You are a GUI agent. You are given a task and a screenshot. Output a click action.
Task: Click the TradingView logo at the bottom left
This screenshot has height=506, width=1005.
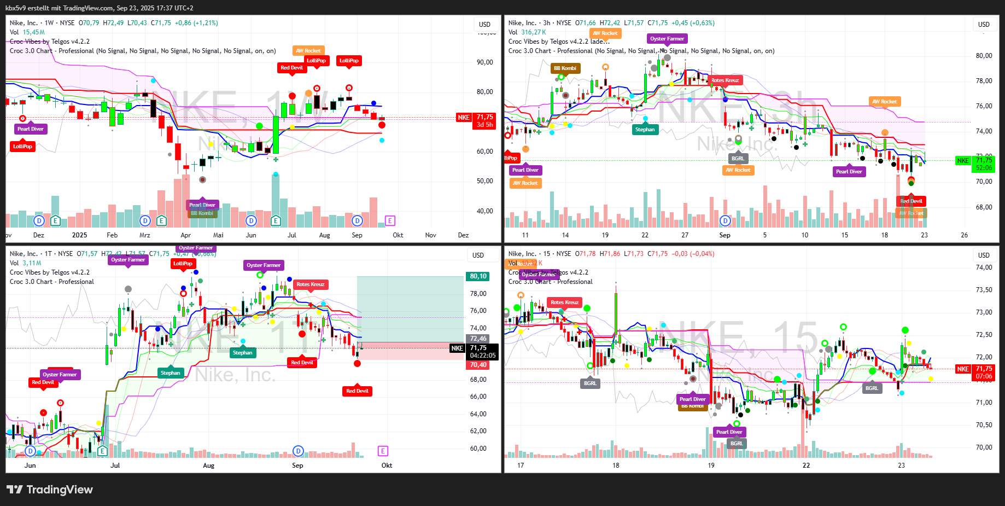tap(49, 490)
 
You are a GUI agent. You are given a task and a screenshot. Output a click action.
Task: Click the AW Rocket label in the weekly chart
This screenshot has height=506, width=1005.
tap(308, 51)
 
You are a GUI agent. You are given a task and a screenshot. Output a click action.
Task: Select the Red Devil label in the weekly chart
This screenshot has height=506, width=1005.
tap(291, 68)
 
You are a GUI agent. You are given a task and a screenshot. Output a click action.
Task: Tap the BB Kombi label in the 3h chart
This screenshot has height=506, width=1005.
tap(565, 68)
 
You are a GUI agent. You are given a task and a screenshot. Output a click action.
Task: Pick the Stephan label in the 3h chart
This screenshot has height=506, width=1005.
tap(645, 130)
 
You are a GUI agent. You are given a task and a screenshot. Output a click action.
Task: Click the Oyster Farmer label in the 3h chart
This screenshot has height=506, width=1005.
tap(667, 39)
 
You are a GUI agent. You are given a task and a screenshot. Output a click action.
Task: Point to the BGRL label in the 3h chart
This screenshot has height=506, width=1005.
tap(738, 159)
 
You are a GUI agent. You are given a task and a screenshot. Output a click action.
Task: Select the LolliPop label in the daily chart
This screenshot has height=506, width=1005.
tap(183, 264)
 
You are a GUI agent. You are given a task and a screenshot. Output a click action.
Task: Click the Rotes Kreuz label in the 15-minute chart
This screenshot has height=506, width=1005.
tap(564, 303)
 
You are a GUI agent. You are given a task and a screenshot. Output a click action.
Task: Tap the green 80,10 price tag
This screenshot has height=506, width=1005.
tap(478, 276)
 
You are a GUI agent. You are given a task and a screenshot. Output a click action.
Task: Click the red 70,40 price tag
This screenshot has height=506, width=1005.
tap(478, 365)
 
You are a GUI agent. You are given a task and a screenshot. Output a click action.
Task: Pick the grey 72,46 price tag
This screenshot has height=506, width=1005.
tap(478, 339)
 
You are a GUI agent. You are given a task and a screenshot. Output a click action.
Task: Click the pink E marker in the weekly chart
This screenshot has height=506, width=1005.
tap(390, 220)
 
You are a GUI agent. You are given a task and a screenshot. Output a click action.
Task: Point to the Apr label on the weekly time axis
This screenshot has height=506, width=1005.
tap(186, 235)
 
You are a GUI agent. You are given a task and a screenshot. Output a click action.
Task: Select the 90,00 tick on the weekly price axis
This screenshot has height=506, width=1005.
tap(484, 62)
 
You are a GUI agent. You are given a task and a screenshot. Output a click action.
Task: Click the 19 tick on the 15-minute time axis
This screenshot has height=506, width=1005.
tap(711, 466)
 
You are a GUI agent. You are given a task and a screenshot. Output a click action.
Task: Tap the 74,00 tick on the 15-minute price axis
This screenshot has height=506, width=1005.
tap(984, 267)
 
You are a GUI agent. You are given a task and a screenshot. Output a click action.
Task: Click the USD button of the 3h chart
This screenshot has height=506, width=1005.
tap(984, 25)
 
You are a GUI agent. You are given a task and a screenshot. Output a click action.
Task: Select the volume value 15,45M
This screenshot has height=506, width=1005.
tap(34, 32)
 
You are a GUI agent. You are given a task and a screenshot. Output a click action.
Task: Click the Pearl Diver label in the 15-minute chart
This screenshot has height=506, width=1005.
tap(729, 432)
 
